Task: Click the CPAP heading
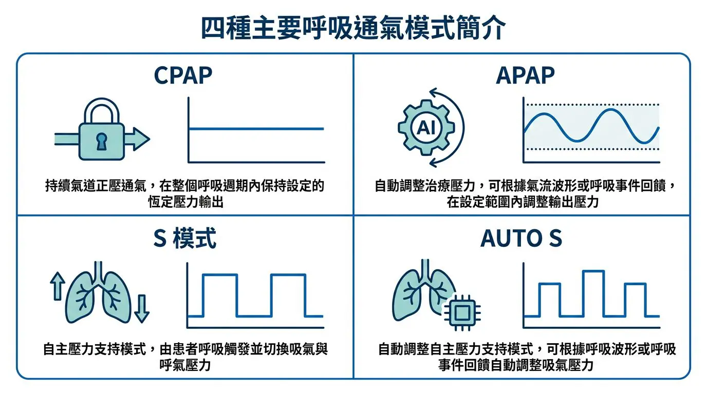[183, 75]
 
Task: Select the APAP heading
[525, 75]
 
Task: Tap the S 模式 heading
[184, 238]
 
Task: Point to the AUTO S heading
[522, 238]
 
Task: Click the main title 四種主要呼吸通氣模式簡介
[353, 28]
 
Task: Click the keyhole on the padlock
[101, 142]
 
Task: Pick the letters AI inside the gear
[426, 128]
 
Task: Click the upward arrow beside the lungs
[58, 286]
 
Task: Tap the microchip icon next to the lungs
[462, 312]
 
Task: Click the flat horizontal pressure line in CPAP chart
[256, 129]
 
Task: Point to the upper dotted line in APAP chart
[592, 104]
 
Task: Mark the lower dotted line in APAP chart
[592, 149]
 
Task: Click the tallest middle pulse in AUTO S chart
[593, 293]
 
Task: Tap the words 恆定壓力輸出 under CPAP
[186, 202]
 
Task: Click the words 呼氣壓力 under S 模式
[185, 365]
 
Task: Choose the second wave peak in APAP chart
[611, 110]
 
